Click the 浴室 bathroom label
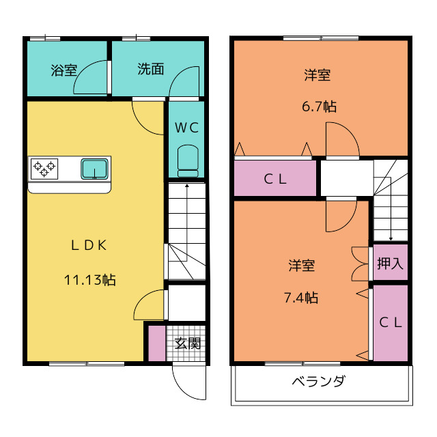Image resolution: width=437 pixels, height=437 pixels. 64,70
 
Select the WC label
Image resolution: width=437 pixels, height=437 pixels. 186,127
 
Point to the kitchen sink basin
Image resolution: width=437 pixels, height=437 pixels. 95,168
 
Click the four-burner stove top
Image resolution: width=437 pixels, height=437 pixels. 44,168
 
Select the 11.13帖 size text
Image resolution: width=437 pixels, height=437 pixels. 89,279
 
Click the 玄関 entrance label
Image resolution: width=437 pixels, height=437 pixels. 186,343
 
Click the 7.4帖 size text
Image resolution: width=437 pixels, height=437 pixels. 301,297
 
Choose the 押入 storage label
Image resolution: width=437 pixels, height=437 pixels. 390,264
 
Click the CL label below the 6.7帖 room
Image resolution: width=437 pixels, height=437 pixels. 275,180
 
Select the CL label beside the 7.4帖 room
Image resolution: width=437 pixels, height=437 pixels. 390,322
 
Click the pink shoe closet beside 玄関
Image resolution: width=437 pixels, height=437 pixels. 157,343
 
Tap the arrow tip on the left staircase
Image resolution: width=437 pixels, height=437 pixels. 186,184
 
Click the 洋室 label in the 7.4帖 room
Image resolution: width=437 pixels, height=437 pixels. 301,265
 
